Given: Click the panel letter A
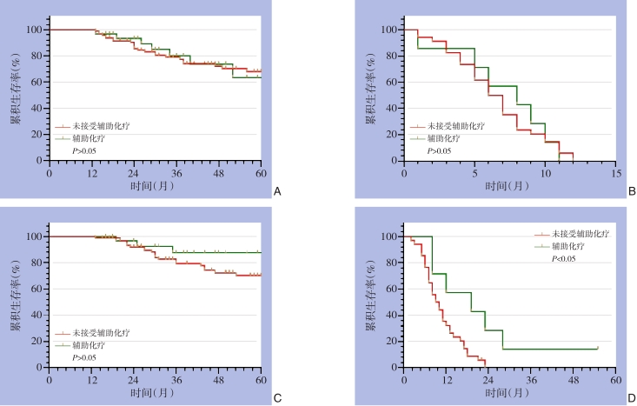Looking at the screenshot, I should point(276,190).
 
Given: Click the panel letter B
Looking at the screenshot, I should point(632,190).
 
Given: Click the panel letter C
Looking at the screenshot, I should point(276,397).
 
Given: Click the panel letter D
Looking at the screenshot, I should point(632,397).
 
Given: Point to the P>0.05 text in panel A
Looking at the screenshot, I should point(84,150).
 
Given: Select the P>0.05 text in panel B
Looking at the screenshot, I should point(439,150).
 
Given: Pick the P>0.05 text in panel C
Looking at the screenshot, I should point(84,357).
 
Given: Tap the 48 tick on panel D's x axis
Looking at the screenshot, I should point(573,381).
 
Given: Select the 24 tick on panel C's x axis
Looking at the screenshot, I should point(134,381).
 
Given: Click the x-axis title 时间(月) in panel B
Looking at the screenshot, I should point(509,186).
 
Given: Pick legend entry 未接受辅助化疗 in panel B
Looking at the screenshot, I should point(456,126).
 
